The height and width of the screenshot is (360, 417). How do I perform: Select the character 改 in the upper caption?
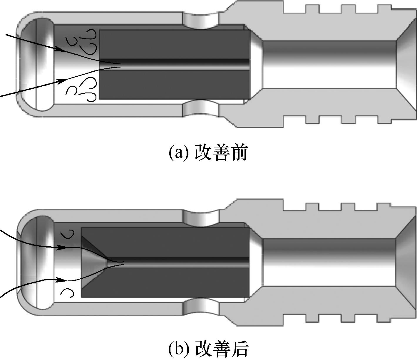(x=203, y=153)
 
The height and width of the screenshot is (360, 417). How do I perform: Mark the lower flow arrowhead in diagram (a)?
(x=62, y=81)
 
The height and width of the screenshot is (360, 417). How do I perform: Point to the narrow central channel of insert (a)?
(x=175, y=65)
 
